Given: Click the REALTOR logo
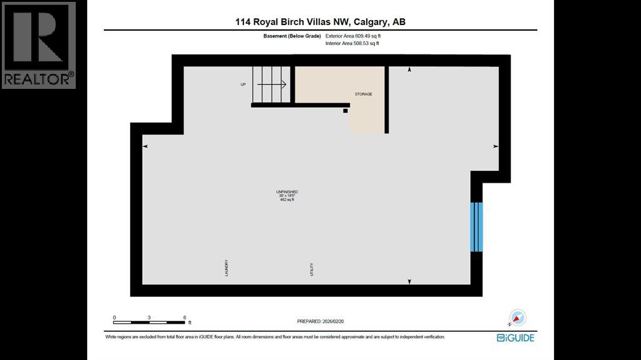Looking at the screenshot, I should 39,45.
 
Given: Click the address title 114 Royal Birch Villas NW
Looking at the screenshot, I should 320,22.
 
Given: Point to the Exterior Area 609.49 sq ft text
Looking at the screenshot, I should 352,36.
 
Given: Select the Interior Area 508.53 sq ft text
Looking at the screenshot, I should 352,44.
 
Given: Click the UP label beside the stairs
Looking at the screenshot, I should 244,85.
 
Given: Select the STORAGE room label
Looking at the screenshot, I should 364,95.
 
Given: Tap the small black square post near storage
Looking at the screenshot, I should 345,111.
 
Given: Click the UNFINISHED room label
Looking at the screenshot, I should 287,192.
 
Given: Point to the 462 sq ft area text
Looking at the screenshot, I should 287,200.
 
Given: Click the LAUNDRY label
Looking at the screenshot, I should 227,268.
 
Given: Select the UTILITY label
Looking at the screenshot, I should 311,270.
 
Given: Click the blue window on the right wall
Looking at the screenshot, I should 476,226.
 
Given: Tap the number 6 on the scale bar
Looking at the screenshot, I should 185,317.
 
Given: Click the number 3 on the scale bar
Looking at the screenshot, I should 150,317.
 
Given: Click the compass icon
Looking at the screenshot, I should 518,318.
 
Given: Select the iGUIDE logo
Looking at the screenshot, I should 515,337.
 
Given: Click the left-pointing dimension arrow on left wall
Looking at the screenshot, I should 146,147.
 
